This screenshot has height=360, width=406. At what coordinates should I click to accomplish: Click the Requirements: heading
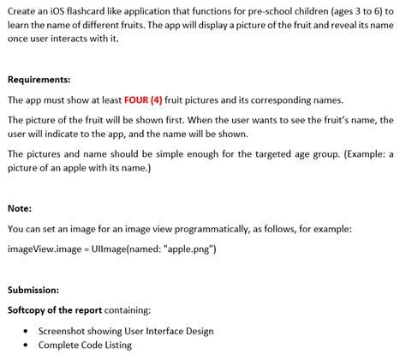point(39,80)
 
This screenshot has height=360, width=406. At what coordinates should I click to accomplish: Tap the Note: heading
point(21,207)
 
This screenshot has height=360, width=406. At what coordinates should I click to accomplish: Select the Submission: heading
point(33,289)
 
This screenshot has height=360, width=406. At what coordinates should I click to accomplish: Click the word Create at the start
point(22,10)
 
